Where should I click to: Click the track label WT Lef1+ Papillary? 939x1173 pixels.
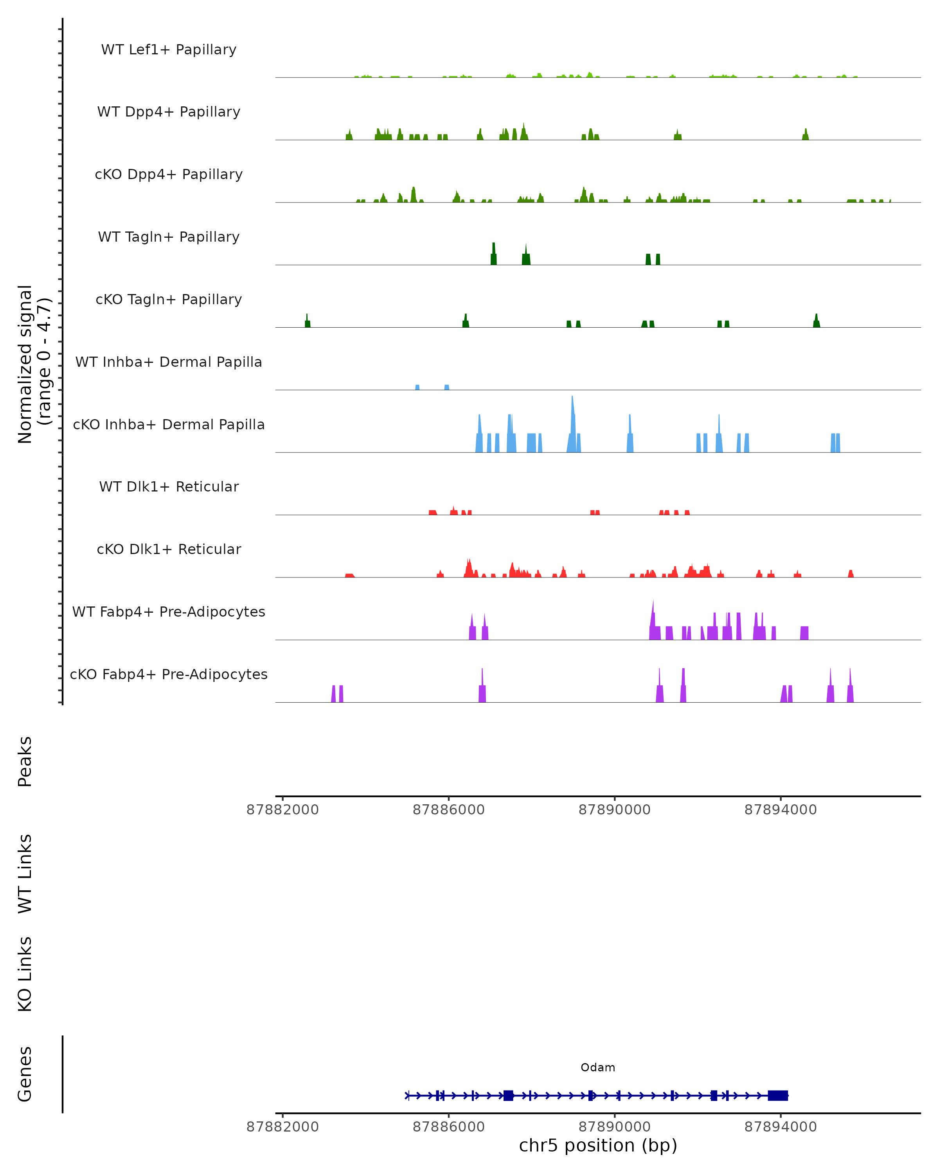tap(169, 50)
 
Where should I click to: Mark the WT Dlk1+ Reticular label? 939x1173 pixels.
tap(169, 486)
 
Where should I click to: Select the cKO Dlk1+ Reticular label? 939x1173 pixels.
tap(169, 549)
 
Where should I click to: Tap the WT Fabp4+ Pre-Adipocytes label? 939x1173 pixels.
tap(169, 612)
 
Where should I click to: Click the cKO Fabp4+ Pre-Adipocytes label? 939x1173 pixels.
tap(169, 674)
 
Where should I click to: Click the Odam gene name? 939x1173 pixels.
tap(598, 1067)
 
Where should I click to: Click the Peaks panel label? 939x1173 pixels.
tap(25, 761)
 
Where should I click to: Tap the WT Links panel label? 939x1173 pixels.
tap(25, 873)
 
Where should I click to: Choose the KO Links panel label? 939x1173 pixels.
tap(25, 974)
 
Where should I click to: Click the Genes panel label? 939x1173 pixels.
tap(25, 1074)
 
